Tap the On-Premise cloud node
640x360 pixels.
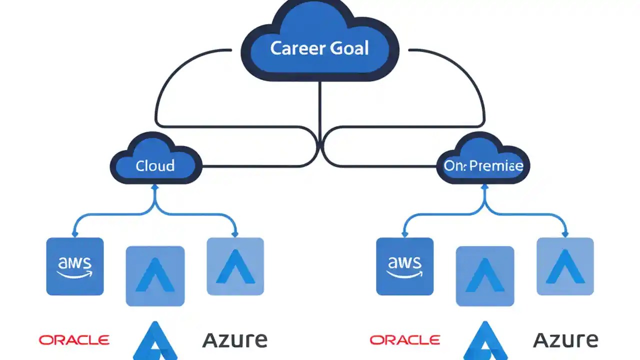point(483,165)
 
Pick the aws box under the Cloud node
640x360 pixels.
point(75,266)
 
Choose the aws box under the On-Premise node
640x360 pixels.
point(404,266)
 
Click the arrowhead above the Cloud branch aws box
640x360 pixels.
point(75,233)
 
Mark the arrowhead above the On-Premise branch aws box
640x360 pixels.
point(404,233)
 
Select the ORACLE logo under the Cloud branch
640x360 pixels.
point(74,340)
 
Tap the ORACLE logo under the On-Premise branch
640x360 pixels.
point(405,340)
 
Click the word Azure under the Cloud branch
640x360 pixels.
point(234,340)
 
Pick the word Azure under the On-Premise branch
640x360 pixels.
point(565,340)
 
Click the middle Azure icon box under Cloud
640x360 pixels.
point(155,275)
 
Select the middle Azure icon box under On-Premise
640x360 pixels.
point(485,275)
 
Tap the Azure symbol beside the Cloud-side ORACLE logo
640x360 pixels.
point(155,341)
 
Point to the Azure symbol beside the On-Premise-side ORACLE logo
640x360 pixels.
point(485,341)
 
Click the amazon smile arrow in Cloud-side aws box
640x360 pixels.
point(75,274)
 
